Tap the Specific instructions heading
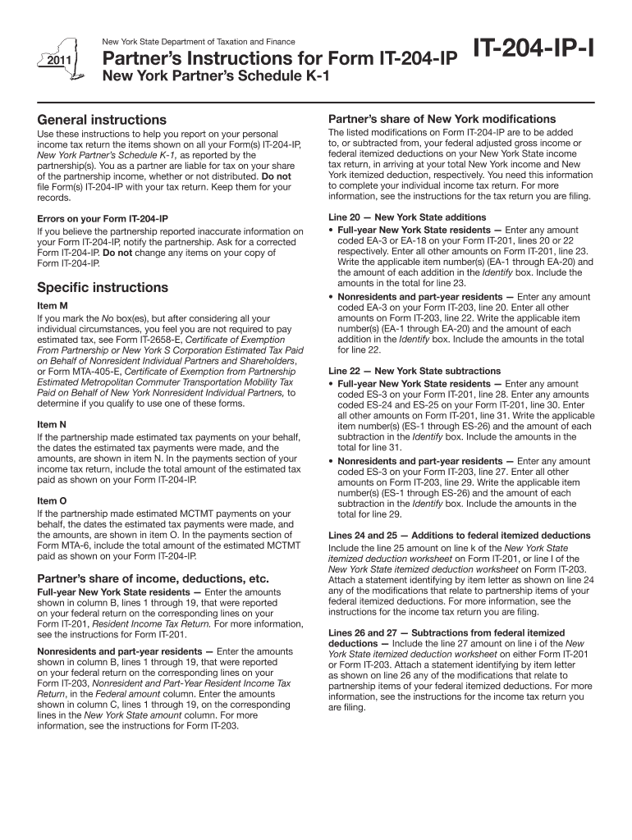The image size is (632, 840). click(x=103, y=288)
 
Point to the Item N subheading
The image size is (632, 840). click(x=52, y=424)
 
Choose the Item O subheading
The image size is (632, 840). click(x=52, y=500)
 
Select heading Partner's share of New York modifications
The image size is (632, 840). click(x=442, y=119)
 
